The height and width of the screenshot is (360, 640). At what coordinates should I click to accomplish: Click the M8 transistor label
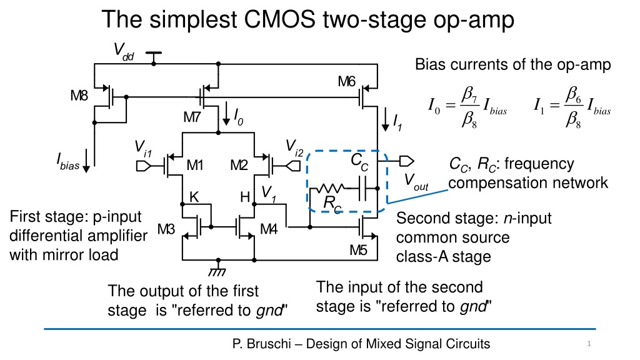pos(79,96)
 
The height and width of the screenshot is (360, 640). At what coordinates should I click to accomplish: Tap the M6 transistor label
pos(346,82)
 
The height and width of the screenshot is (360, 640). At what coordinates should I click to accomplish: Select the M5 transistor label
pos(358,250)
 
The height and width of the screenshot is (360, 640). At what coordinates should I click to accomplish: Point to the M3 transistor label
pos(166,229)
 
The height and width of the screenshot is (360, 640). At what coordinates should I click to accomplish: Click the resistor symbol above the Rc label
pos(331,188)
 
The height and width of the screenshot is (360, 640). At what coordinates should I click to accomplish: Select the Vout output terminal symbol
pos(406,161)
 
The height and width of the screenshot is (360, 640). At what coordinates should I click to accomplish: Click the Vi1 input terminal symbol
pos(143,166)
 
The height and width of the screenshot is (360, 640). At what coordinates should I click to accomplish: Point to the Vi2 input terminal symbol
pos(293,166)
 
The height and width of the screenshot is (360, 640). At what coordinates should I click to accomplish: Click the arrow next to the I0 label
pos(226,114)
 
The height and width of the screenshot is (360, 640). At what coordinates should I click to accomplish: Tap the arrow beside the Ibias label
pos(86,161)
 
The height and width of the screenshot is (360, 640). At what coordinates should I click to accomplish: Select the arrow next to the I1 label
pos(385,119)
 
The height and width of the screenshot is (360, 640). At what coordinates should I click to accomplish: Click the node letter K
pos(194,197)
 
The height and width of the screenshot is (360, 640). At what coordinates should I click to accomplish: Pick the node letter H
pos(245,197)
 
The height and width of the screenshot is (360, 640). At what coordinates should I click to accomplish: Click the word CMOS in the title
pos(279,19)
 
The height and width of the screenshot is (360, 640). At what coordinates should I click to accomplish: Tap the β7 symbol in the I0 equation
pos(469,95)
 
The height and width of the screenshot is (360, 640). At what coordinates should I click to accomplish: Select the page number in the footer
pos(589,344)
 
